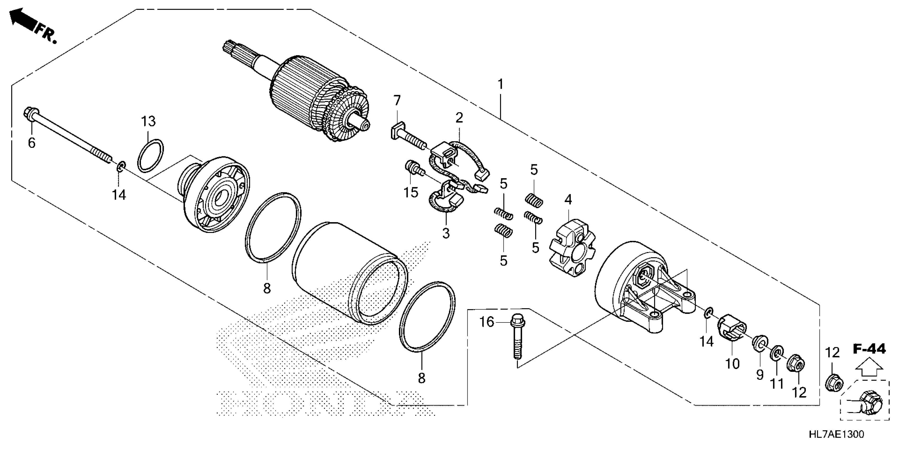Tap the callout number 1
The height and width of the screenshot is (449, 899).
pos(501,84)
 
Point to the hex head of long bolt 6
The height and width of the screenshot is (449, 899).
pos(29,113)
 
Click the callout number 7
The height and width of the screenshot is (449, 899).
pos(397,101)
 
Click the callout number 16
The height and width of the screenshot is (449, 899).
pos(486,322)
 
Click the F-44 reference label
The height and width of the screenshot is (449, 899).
pos(869,349)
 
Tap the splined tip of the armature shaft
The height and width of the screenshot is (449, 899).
pos(229,47)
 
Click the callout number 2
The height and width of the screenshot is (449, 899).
pos(459,118)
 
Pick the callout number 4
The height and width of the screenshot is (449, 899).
pos(568,200)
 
